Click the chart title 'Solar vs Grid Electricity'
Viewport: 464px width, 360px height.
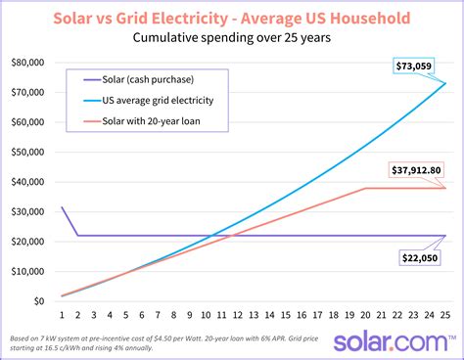232,18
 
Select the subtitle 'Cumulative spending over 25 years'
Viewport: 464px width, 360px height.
232,40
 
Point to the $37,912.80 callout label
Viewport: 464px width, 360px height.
417,169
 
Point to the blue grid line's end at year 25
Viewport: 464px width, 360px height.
444,83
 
